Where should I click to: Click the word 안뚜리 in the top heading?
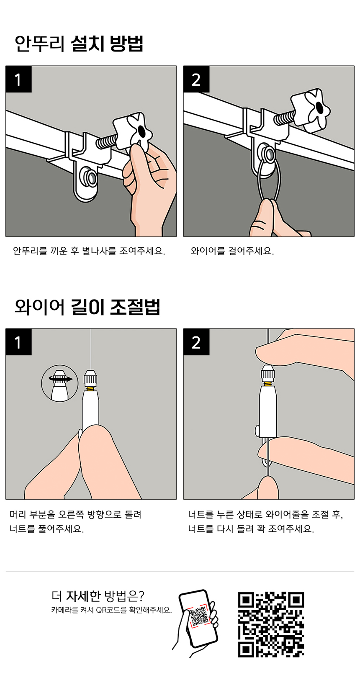point(40,44)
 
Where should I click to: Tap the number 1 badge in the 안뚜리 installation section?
point(18,79)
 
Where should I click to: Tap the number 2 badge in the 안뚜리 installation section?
point(196,79)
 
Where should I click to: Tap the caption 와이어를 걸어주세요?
point(232,251)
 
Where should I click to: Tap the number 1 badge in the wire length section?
point(18,342)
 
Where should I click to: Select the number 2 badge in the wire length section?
point(196,342)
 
